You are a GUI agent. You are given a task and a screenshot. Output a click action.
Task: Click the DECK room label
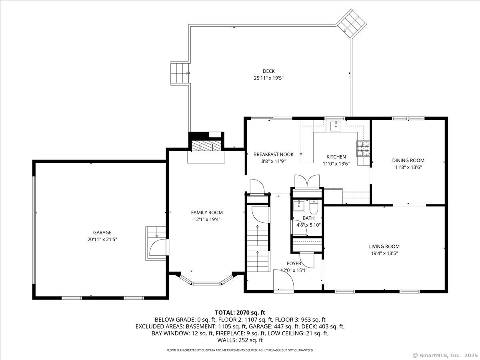268,71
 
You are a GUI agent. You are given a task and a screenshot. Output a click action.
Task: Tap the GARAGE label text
102,232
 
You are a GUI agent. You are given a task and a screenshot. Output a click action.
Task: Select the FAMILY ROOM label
207,212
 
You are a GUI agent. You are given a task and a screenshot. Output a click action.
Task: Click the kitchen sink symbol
336,126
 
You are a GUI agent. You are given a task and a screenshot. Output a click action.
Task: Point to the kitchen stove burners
363,149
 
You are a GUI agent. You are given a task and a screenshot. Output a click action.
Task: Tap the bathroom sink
299,206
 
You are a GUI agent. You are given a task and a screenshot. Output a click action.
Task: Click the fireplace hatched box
206,146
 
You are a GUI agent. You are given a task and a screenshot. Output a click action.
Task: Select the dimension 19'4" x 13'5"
384,253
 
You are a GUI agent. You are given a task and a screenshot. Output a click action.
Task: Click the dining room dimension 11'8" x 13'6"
408,167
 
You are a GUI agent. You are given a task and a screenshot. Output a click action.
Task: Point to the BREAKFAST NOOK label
273,154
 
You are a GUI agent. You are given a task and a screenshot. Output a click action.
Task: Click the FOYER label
294,263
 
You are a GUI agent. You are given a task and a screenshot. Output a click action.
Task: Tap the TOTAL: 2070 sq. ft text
240,312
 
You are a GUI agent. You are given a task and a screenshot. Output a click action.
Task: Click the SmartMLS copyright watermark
445,355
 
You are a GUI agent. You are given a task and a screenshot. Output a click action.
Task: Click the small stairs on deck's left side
180,73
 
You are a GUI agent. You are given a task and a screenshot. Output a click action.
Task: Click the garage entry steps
156,243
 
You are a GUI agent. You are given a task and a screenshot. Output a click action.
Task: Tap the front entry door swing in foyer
284,280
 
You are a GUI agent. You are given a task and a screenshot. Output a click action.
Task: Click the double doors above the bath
307,181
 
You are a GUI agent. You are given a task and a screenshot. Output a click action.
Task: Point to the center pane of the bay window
206,284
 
